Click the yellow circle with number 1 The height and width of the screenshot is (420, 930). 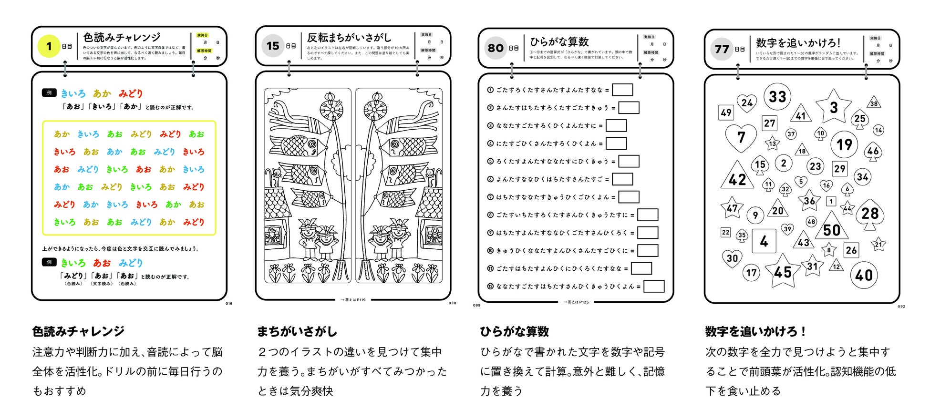point(49,46)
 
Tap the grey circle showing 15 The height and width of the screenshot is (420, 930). point(272,46)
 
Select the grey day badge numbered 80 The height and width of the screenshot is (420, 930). point(496,48)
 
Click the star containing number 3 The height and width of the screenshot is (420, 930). point(833,107)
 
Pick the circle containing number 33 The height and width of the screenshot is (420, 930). point(777,97)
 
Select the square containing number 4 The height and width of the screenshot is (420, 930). point(764,241)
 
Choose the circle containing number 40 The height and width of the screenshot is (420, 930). point(864,275)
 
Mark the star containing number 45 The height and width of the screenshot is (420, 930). point(783,272)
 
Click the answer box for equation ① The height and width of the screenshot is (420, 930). point(622,90)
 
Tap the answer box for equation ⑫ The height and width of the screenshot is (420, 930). point(654,286)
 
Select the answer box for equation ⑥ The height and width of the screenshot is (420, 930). point(622,179)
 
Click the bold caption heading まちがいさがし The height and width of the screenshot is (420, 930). point(297,331)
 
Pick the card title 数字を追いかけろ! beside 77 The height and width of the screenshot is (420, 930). point(798,42)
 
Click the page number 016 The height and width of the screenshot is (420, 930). point(229,304)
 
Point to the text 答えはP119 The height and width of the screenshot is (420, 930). point(353,300)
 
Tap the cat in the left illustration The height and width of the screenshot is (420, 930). point(275,177)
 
